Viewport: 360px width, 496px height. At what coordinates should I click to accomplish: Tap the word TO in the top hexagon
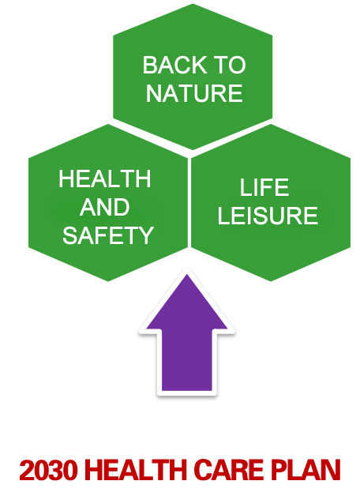(230, 66)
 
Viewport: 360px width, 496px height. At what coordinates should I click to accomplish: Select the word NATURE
(194, 93)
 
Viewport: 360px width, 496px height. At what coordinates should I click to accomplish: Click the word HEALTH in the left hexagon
(105, 178)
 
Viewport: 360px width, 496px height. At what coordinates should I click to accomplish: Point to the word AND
(105, 207)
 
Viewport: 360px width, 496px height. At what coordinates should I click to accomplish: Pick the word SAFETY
(108, 235)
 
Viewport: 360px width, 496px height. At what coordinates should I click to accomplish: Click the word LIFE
(264, 187)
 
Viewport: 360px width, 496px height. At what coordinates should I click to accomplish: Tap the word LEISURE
(268, 216)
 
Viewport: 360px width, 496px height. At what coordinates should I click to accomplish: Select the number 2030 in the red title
(48, 471)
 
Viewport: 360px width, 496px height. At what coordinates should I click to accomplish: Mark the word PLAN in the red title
(306, 471)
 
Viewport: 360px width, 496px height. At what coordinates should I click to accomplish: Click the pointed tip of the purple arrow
(187, 275)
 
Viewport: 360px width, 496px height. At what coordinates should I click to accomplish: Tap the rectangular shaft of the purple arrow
(186, 360)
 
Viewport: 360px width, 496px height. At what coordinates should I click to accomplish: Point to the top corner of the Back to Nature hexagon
(193, 4)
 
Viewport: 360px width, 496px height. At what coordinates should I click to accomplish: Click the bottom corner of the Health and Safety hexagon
(108, 281)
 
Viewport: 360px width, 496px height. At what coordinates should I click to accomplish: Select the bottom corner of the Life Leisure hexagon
(271, 281)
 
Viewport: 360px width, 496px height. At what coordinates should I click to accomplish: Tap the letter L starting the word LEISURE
(223, 216)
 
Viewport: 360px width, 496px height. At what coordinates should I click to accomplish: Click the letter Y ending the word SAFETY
(147, 235)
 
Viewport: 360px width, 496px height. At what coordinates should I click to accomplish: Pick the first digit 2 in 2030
(27, 471)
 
